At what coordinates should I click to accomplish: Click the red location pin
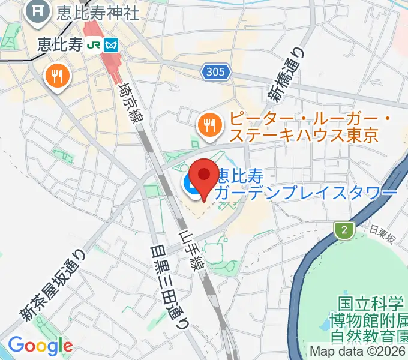click(205, 178)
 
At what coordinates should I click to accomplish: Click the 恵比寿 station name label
click(59, 44)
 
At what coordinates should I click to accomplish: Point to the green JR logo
click(93, 44)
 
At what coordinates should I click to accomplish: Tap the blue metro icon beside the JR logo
click(110, 44)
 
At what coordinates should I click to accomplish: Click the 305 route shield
click(215, 72)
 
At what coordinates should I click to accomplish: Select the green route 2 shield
click(344, 230)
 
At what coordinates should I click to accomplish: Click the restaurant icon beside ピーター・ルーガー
click(209, 125)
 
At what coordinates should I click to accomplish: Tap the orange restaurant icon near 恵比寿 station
click(58, 76)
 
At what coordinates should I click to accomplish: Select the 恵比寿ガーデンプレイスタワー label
click(306, 184)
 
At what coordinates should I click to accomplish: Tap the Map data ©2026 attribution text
click(358, 352)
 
